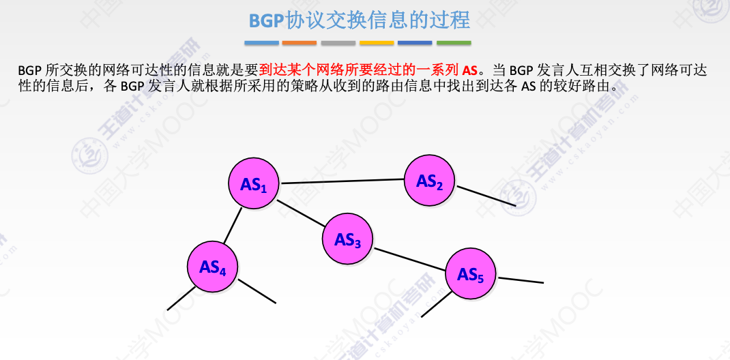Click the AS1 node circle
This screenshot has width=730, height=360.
254,184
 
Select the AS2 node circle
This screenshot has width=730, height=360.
430,181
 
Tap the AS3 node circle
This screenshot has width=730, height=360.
348,239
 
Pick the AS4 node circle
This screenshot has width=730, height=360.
213,267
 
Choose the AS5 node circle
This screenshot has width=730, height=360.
471,274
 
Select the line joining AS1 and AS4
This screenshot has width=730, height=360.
233,225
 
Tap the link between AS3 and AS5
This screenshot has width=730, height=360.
409,257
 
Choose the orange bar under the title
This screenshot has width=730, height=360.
300,43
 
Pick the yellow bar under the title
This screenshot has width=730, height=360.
377,43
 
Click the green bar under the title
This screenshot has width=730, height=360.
454,43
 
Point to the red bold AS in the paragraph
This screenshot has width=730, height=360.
469,70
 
